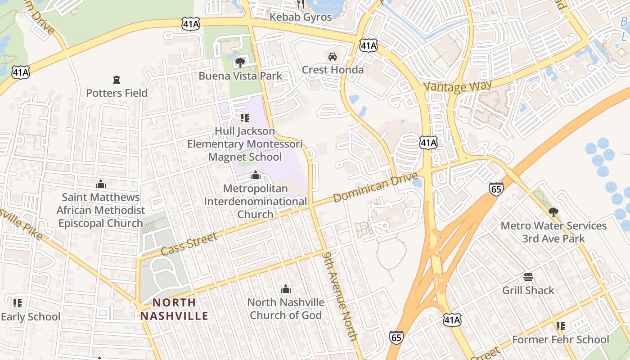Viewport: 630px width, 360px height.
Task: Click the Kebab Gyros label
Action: (x=301, y=17)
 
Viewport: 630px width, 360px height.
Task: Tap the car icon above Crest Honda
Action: (x=333, y=57)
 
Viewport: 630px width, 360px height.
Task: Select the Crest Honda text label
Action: (x=333, y=70)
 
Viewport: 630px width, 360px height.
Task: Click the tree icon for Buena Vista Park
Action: (x=240, y=62)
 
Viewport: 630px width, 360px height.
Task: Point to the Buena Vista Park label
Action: (x=240, y=76)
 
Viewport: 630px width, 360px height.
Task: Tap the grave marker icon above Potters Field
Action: (x=117, y=80)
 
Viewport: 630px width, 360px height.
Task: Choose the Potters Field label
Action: (x=117, y=93)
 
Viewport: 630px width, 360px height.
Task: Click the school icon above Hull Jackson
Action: (x=245, y=118)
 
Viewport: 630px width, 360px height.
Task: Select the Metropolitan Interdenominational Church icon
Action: (x=256, y=175)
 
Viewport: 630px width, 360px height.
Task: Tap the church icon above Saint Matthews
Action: (x=101, y=184)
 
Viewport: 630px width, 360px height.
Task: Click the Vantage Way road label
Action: (x=457, y=85)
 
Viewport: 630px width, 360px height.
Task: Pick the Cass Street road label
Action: (x=189, y=244)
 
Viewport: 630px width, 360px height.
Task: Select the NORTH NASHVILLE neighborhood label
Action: (x=174, y=309)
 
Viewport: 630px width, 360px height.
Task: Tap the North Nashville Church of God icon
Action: (x=285, y=289)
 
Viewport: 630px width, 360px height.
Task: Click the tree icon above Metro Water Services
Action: (x=553, y=212)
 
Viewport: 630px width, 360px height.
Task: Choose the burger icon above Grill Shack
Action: (x=528, y=277)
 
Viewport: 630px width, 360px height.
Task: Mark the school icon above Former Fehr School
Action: (x=560, y=326)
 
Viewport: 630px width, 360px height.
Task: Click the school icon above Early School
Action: (x=18, y=303)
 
